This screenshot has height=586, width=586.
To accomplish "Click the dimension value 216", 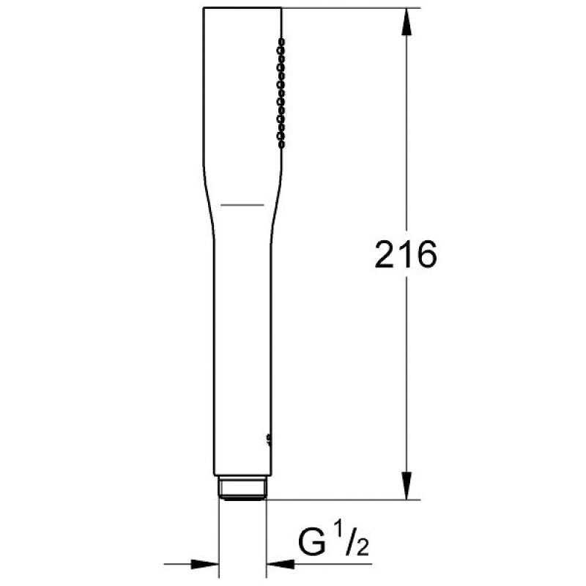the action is point(406,254).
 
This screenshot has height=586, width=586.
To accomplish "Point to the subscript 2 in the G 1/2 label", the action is point(362,546).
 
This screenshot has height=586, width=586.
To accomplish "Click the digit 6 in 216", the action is point(426,254).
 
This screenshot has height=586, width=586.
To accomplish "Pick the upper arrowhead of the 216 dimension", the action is point(407,22).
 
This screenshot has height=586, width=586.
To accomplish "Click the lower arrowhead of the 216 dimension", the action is point(407,486).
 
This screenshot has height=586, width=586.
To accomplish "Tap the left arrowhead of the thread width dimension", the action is point(205,564).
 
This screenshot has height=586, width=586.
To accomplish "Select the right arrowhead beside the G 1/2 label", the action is point(281,564).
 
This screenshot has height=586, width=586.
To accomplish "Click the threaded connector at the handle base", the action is point(242,488).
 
